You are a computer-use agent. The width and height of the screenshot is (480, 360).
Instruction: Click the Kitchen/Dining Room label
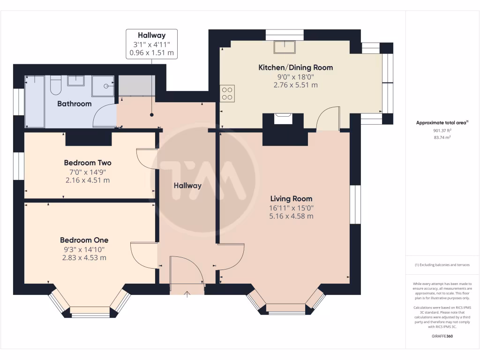pos(295,67)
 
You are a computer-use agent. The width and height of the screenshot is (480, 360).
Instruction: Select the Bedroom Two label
pos(88,163)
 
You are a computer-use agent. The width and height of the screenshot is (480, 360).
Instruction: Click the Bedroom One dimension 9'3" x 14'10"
pos(84,249)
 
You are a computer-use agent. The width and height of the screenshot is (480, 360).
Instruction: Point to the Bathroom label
pos(74,104)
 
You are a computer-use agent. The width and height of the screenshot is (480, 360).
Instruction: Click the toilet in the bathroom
pos(56,84)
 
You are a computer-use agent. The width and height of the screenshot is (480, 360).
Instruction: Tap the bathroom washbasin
pos(76,81)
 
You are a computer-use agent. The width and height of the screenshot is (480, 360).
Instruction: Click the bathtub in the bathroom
pos(34,101)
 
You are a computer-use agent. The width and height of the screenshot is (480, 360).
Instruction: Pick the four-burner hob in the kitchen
pos(227,93)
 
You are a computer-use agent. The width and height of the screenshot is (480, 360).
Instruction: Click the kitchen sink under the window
pos(285,47)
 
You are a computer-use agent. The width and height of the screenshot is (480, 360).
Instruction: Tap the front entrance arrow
pos(187,294)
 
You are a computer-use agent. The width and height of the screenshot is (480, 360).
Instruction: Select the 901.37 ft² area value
pos(442,131)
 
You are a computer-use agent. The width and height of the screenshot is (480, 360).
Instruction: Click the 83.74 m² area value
pos(442,137)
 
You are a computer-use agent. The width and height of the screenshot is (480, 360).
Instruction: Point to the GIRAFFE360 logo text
pos(442,336)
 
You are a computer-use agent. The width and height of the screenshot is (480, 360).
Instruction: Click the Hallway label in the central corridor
pos(187,186)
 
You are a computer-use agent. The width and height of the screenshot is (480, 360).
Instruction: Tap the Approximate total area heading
pos(442,123)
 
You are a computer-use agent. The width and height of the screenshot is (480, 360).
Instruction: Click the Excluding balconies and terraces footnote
pos(442,265)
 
